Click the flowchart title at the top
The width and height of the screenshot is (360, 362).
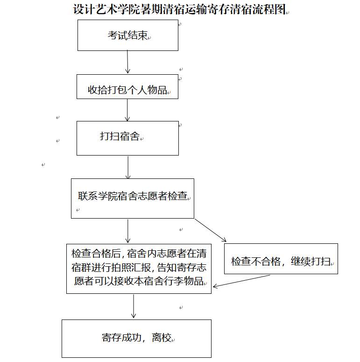pyautogui.click(x=180, y=9)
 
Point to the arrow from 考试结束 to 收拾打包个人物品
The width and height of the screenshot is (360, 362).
pyautogui.click(x=127, y=62)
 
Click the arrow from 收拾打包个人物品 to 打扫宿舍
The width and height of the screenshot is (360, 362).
pyautogui.click(x=127, y=110)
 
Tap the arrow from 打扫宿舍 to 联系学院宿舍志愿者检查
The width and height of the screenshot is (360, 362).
pyautogui.click(x=128, y=167)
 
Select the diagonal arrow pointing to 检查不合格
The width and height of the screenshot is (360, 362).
pyautogui.click(x=211, y=230)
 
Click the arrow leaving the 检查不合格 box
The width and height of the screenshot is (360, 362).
pyautogui.click(x=241, y=281)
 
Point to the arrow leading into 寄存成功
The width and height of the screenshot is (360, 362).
pyautogui.click(x=134, y=306)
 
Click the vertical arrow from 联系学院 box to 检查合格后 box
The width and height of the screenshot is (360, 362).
pyautogui.click(x=127, y=231)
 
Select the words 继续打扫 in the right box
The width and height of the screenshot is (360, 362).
pyautogui.click(x=311, y=262)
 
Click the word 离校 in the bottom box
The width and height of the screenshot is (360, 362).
pyautogui.click(x=162, y=338)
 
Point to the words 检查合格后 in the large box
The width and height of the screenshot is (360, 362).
pyautogui.click(x=96, y=254)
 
